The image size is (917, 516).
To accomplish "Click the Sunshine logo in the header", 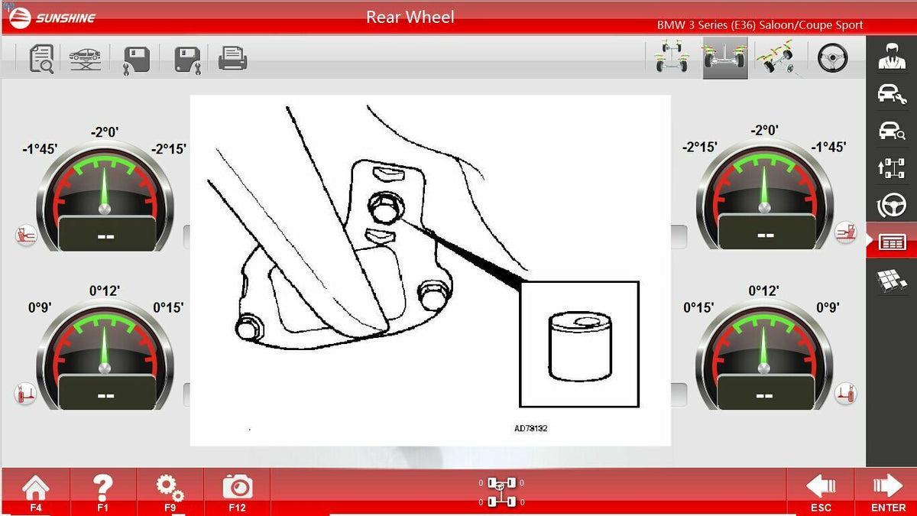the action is [x=53, y=18].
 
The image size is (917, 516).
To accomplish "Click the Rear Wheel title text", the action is [x=410, y=17].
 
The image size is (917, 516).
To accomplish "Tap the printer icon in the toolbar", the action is [x=232, y=58].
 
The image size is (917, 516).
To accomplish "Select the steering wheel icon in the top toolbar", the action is [x=832, y=58].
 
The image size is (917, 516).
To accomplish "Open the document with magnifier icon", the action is [x=41, y=59].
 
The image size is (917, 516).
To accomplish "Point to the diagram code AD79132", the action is [x=531, y=428].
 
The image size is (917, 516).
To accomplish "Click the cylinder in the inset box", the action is [x=580, y=346].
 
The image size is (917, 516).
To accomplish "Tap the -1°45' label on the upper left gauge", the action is [x=40, y=148].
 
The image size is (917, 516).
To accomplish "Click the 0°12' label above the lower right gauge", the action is [x=763, y=290].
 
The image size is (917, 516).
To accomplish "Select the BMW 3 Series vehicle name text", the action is [x=760, y=25].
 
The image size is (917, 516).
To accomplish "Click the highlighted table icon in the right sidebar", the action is [x=892, y=242].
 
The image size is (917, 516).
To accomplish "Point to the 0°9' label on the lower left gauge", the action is [x=40, y=307].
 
